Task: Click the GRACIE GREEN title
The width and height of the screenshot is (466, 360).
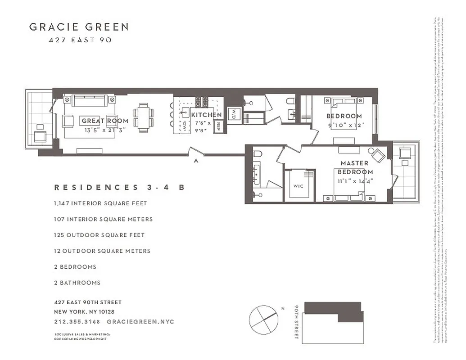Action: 79,27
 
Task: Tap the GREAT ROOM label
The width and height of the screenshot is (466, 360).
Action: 105,121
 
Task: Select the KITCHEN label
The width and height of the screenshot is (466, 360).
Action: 206,115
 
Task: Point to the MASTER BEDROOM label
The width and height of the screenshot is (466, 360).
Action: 355,167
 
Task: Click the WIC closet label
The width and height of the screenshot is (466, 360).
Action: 298,185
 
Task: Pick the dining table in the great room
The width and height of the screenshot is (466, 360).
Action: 144,118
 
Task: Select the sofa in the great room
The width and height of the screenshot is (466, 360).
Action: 88,100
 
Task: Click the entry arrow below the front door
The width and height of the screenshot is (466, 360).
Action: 195,160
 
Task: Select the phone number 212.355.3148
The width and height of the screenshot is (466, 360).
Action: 76,322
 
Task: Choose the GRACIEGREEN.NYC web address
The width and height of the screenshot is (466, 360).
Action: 140,322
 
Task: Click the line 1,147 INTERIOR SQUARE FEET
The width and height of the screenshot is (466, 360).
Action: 100,203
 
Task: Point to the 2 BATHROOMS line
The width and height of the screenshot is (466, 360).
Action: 77,283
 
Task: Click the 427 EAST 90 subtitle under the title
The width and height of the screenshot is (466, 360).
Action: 79,40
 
